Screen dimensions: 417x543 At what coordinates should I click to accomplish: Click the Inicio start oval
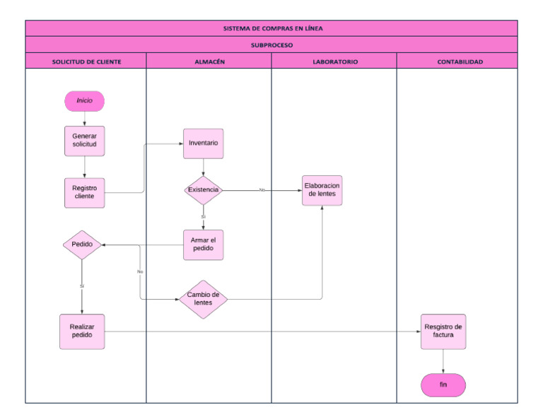tap(84, 101)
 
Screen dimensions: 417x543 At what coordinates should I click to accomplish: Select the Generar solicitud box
tap(85, 140)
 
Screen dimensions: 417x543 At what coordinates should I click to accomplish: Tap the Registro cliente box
tap(85, 192)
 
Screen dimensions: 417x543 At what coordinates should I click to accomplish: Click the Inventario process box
tap(203, 143)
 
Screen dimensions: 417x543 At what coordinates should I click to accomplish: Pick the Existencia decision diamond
tap(203, 190)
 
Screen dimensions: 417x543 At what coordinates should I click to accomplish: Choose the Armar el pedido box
tap(203, 245)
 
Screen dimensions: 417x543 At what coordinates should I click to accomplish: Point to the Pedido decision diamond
tap(82, 245)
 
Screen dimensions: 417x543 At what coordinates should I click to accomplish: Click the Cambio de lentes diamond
tap(203, 299)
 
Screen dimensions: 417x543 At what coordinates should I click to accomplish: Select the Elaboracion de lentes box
tap(322, 190)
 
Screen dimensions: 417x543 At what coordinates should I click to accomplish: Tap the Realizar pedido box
tap(82, 331)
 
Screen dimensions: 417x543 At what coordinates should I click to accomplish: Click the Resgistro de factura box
tap(443, 331)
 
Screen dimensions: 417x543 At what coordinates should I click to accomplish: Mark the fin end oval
tap(443, 384)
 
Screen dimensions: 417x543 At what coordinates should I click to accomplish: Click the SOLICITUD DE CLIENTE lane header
tap(86, 61)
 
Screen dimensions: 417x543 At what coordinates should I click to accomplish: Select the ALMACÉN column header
tap(209, 61)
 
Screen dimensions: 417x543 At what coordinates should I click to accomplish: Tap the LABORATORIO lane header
tap(334, 61)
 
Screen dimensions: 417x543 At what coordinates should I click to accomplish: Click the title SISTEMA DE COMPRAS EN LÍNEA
tap(271, 29)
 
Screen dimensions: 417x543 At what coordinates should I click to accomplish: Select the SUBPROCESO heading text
tap(271, 45)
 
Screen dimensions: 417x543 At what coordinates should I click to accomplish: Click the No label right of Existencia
tap(262, 189)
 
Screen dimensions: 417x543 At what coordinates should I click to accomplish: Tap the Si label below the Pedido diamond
tap(82, 286)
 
